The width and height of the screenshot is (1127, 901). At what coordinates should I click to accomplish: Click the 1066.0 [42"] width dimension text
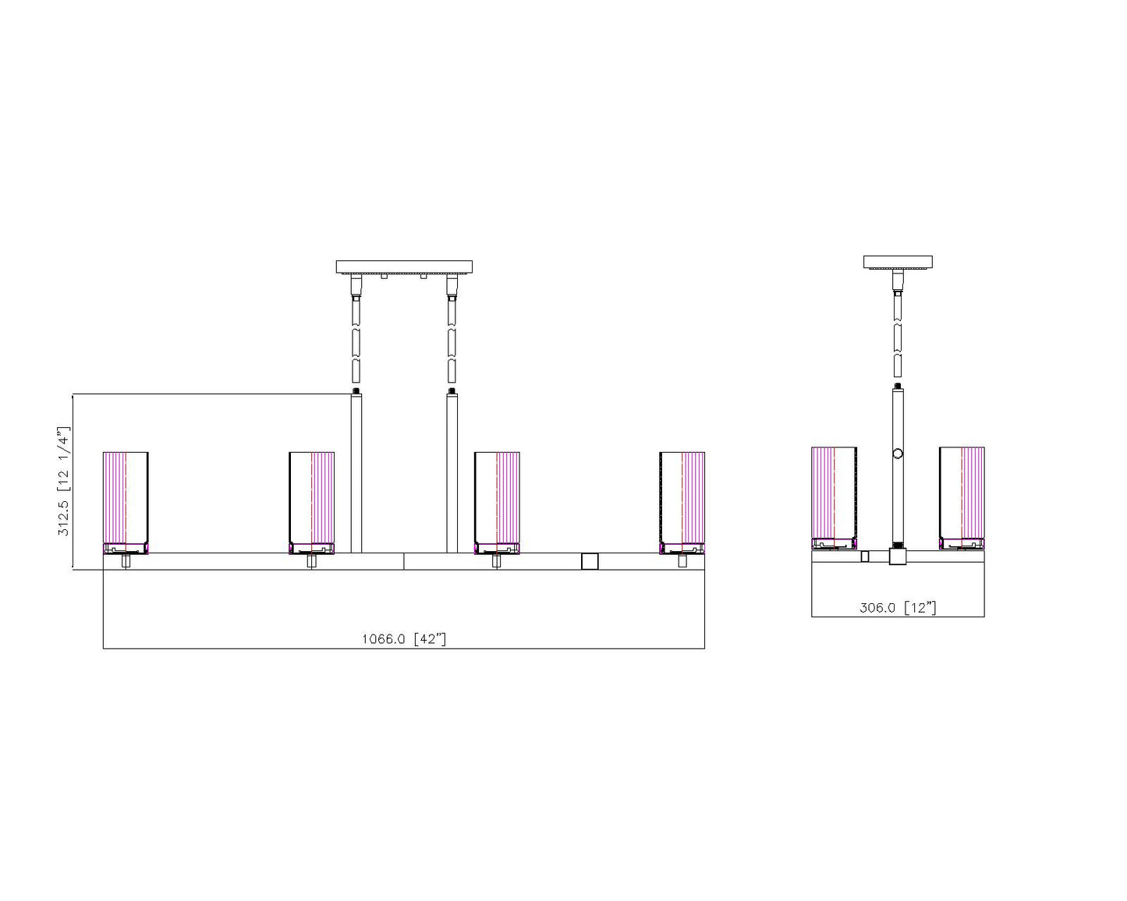pos(404,638)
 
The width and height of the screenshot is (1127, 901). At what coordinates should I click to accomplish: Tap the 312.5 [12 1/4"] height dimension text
pos(63,481)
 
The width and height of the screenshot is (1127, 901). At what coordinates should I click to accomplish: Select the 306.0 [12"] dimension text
pos(898,607)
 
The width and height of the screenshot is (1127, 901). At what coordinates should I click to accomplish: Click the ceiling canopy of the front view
pos(404,267)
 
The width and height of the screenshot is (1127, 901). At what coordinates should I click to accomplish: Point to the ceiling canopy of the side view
pos(898,262)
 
